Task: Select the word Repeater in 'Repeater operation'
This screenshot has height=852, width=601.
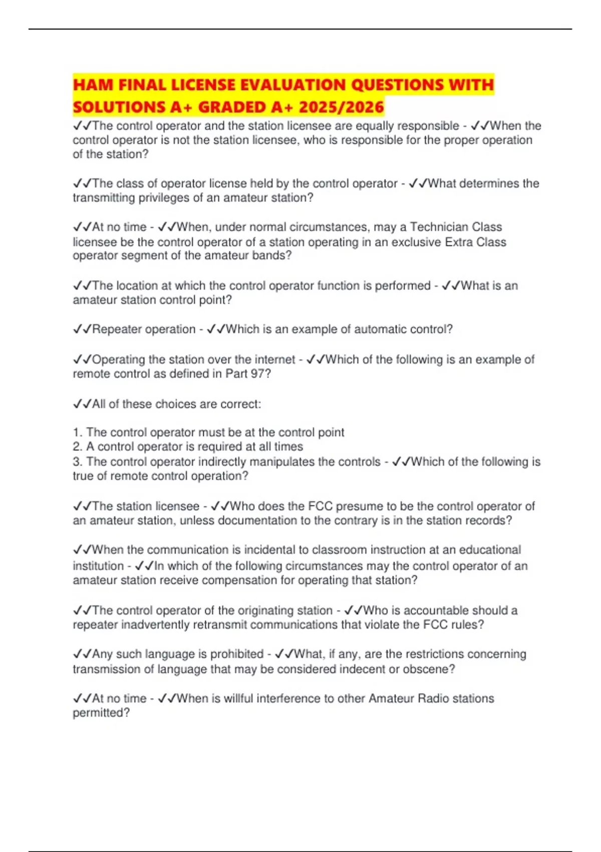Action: coord(119,329)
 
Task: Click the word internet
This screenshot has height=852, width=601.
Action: coord(270,359)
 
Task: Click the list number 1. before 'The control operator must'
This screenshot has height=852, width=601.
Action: coord(78,432)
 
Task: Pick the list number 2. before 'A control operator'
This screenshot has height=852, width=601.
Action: coord(78,447)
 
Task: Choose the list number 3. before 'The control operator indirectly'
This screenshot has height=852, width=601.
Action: coord(78,462)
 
